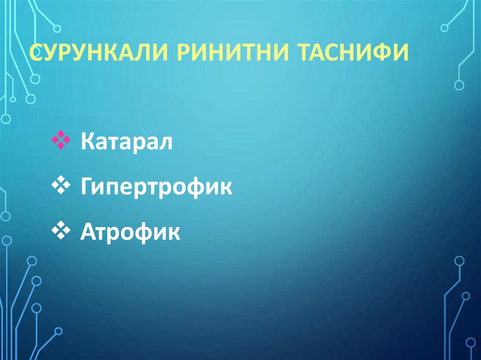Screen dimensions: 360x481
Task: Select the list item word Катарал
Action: click(126, 141)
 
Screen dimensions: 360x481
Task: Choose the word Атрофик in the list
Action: click(130, 231)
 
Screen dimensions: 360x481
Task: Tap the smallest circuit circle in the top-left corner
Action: click(13, 100)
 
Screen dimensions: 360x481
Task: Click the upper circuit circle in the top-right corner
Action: click(444, 28)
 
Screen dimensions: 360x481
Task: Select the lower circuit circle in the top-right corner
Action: click(459, 85)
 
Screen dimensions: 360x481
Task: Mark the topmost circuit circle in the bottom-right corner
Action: click(459, 261)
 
